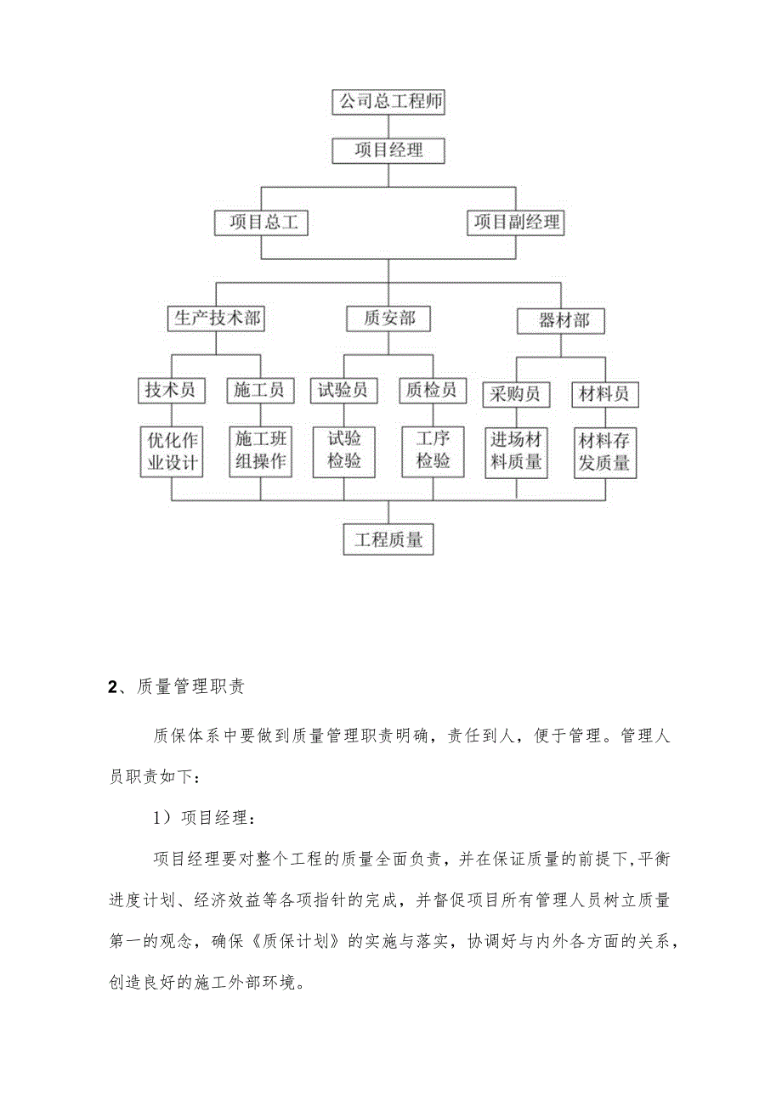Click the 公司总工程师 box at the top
pyautogui.click(x=388, y=103)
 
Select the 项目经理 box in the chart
pyautogui.click(x=388, y=151)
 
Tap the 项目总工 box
pyautogui.click(x=261, y=223)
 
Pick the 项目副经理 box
pyautogui.click(x=517, y=223)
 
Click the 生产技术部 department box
pyautogui.click(x=217, y=319)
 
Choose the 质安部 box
pyautogui.click(x=388, y=319)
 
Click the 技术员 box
pyautogui.click(x=171, y=390)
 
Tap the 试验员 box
pyautogui.click(x=343, y=390)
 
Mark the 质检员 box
pyautogui.click(x=432, y=390)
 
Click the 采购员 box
pyautogui.click(x=517, y=394)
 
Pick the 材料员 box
pyautogui.click(x=604, y=394)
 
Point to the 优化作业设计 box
pyautogui.click(x=172, y=451)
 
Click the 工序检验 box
pyautogui.click(x=433, y=451)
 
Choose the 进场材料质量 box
pyautogui.click(x=517, y=453)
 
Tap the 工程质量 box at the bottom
pyautogui.click(x=388, y=539)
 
